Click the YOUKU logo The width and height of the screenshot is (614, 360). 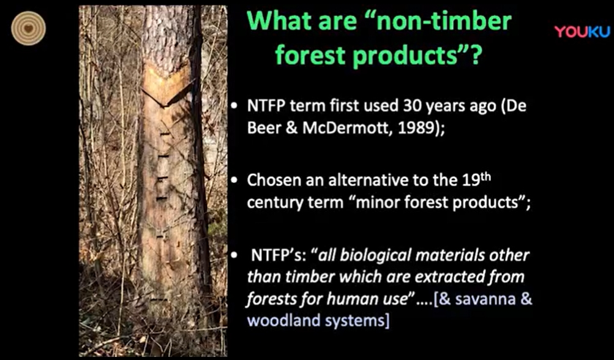click(x=582, y=32)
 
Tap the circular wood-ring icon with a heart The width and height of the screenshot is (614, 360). click(x=28, y=28)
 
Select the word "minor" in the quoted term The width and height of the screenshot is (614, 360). click(x=368, y=202)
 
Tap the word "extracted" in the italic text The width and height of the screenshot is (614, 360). click(x=447, y=277)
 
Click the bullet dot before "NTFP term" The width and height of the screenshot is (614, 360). click(x=234, y=107)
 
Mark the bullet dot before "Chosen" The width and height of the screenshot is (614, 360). click(x=234, y=181)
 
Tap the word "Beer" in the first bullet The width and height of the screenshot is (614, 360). click(x=264, y=128)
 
